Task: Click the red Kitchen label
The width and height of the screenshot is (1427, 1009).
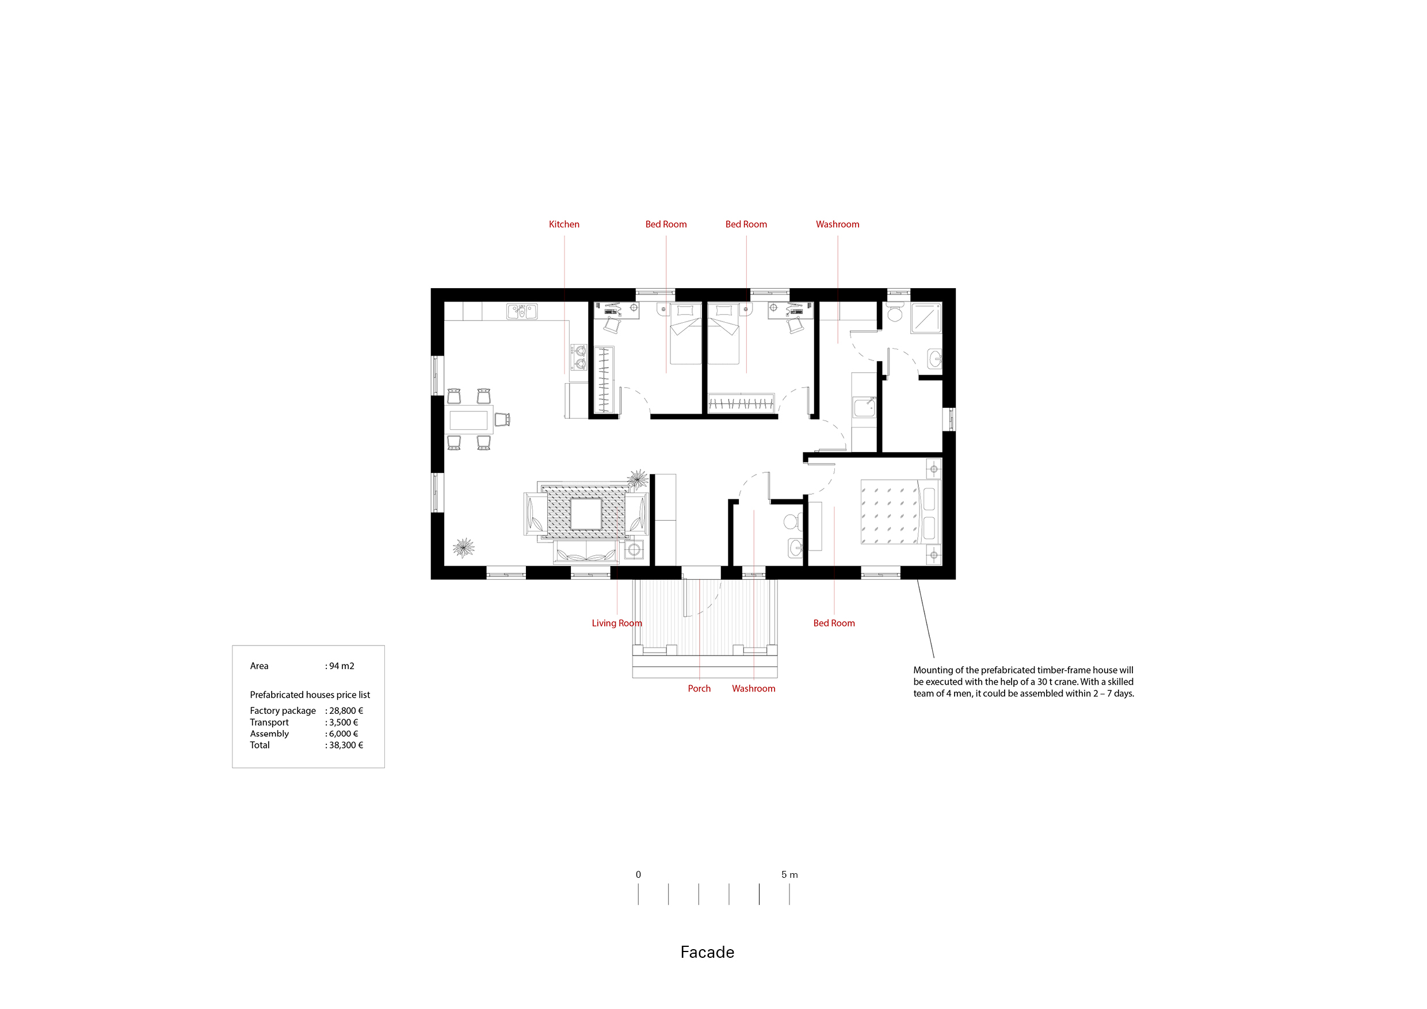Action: point(564,224)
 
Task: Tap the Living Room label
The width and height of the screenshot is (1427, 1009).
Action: point(616,623)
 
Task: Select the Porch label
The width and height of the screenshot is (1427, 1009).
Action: point(699,689)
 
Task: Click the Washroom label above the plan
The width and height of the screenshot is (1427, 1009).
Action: point(837,224)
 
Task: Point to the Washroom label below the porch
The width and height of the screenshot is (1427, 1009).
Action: point(753,689)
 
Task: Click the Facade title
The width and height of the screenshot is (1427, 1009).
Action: point(707,953)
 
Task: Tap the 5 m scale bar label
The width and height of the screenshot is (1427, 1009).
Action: point(789,875)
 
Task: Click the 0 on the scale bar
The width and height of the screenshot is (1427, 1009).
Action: point(638,875)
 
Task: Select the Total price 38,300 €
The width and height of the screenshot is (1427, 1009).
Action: point(346,745)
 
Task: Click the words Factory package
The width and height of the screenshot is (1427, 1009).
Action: point(283,711)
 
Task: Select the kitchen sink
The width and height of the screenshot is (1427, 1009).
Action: point(522,311)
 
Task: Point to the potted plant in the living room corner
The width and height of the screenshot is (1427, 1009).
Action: point(464,548)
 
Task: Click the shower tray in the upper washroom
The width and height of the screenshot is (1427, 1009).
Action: point(926,318)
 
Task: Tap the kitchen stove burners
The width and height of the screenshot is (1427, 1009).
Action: point(580,357)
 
